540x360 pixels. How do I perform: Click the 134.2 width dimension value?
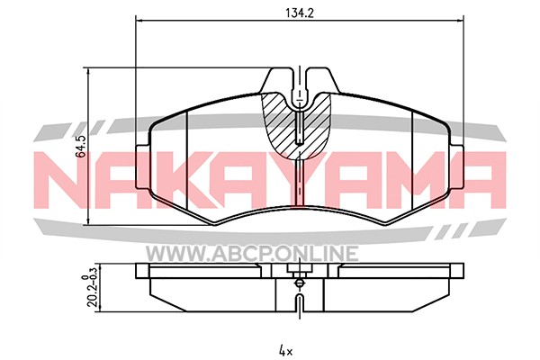300,13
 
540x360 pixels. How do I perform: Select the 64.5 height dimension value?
81,147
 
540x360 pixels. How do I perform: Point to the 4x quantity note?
285,351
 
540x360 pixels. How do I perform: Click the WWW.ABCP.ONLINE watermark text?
252,253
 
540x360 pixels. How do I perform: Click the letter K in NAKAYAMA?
189,180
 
